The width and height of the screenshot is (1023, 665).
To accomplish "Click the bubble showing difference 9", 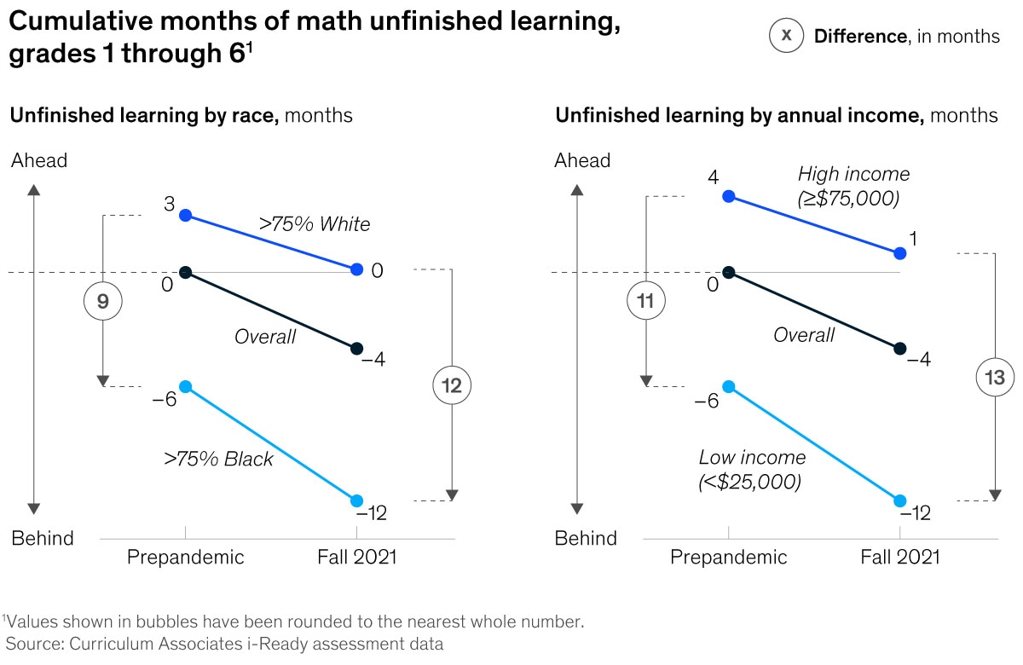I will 103,301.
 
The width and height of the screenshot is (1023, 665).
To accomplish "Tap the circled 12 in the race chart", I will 452,385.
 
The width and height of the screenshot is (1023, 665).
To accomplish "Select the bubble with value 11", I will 645,301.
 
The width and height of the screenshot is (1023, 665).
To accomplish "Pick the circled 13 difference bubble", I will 995,378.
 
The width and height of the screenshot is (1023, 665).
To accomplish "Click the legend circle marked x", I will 786,36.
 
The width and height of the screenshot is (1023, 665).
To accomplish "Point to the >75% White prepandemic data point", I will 186,216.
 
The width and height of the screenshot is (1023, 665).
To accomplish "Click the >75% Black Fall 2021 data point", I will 357,500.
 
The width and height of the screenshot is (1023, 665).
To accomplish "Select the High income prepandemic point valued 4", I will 729,197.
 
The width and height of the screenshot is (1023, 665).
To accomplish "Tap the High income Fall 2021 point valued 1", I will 900,253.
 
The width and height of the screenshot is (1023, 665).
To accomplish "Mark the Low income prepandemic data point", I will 729,387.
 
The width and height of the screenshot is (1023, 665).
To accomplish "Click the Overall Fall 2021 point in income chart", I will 900,348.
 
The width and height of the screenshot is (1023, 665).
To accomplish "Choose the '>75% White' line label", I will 315,224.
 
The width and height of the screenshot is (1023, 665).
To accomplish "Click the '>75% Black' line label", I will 219,459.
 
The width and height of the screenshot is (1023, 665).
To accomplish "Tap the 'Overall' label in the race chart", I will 265,337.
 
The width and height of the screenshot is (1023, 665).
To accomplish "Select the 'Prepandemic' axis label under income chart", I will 729,558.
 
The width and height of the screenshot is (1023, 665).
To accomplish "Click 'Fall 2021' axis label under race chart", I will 357,558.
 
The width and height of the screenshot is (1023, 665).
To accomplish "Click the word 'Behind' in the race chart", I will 42,538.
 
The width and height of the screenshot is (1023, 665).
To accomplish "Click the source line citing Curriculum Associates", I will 225,644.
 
